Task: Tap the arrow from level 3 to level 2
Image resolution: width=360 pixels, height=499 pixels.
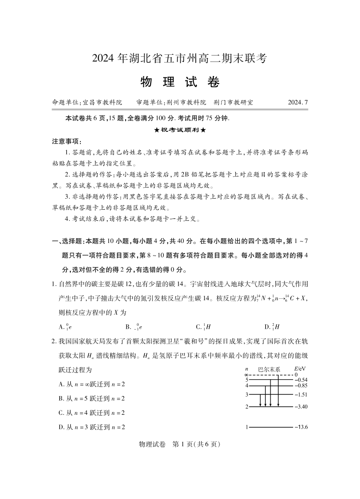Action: point(260,400)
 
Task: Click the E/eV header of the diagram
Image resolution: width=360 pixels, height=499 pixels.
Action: point(300,369)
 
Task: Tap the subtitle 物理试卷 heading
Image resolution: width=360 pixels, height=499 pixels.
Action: point(180,82)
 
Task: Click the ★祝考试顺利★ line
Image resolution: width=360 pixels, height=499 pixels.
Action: point(180,130)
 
